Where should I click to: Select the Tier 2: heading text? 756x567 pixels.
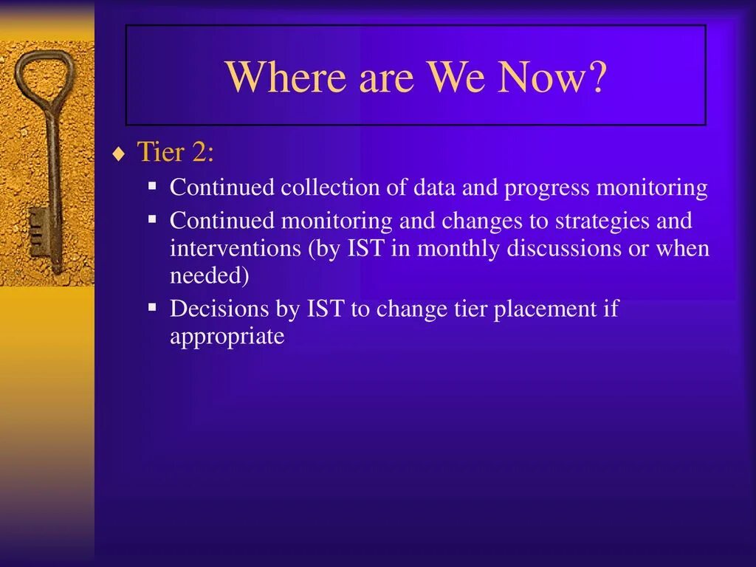(176, 152)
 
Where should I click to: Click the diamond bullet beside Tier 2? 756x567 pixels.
(118, 154)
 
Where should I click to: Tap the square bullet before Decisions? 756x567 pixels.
(152, 306)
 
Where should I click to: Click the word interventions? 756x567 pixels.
(236, 248)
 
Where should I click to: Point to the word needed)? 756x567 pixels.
(209, 276)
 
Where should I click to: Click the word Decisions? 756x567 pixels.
(219, 309)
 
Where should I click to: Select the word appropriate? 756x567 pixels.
(227, 337)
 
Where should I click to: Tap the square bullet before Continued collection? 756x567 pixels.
(152, 185)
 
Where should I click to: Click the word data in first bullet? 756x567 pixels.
(434, 187)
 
